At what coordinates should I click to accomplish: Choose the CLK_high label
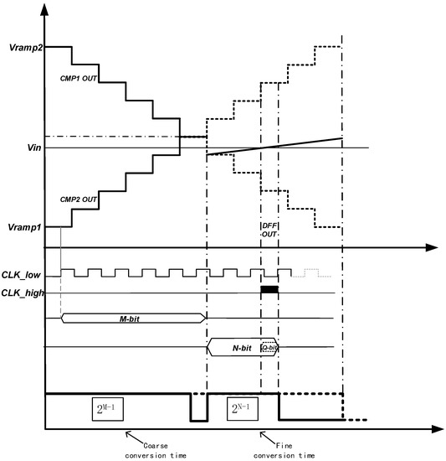pyautogui.click(x=23, y=293)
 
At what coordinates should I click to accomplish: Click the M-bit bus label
pyautogui.click(x=131, y=319)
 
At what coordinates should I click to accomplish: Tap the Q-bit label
pyautogui.click(x=269, y=347)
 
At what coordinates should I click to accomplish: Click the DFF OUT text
pyautogui.click(x=269, y=230)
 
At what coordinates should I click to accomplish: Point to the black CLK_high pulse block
pyautogui.click(x=269, y=289)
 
